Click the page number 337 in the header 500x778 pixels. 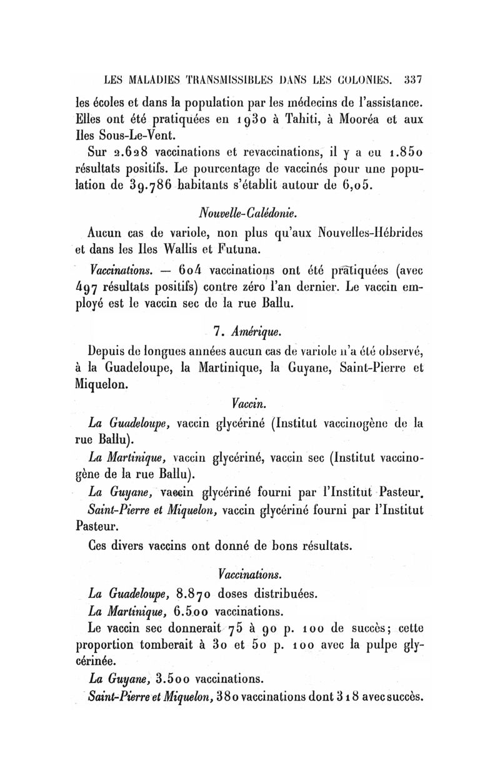pos(413,80)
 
